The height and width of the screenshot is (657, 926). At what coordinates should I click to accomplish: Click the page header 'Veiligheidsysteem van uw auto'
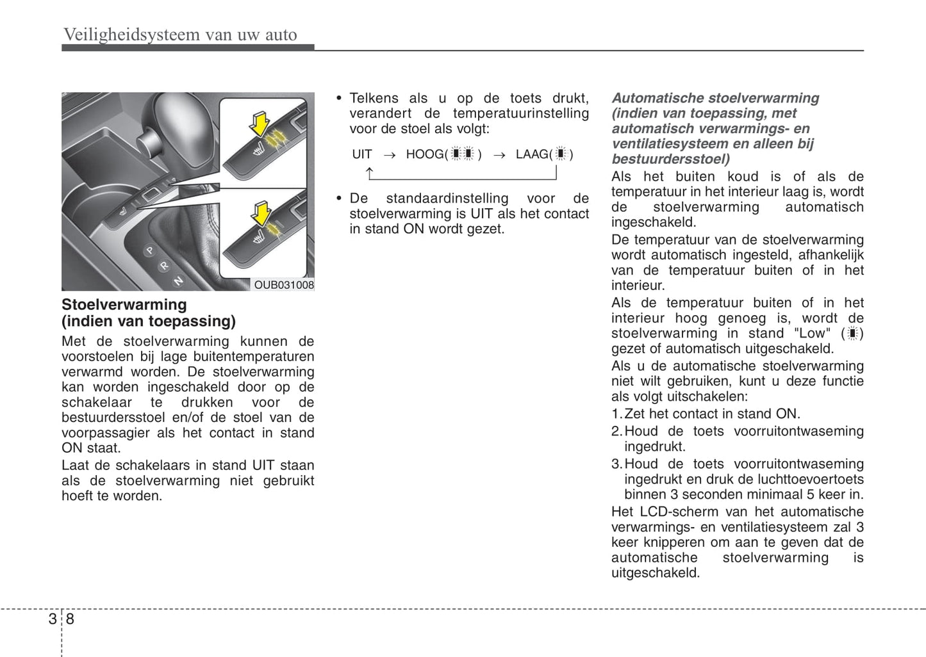tap(180, 35)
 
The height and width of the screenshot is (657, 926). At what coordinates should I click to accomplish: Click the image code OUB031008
tap(284, 285)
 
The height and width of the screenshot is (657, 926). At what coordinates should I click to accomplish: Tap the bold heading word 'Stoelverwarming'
tap(124, 305)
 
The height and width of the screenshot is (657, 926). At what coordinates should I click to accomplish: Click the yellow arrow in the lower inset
tap(261, 213)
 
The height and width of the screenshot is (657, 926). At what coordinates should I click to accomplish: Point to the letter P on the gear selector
tap(151, 250)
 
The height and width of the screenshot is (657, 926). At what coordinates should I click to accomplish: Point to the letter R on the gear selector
tap(165, 265)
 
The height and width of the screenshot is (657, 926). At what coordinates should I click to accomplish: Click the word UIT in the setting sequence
tap(362, 154)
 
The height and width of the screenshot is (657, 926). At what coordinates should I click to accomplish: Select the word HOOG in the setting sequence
tap(425, 154)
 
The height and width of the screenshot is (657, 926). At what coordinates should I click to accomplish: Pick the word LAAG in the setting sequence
tap(532, 154)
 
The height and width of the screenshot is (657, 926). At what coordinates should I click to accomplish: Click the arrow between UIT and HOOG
tap(389, 155)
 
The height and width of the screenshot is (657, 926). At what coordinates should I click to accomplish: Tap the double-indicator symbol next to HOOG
tap(462, 154)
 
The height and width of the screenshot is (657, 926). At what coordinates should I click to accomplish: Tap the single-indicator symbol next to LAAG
tap(561, 154)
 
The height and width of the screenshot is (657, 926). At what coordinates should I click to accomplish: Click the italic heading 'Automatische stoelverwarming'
tap(715, 98)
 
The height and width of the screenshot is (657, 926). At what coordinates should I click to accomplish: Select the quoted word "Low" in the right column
tap(812, 334)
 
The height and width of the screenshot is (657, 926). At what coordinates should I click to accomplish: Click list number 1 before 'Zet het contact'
tap(616, 414)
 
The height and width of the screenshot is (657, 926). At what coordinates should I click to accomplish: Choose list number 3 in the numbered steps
tap(616, 464)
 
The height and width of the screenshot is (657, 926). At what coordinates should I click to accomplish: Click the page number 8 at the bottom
tap(70, 619)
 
